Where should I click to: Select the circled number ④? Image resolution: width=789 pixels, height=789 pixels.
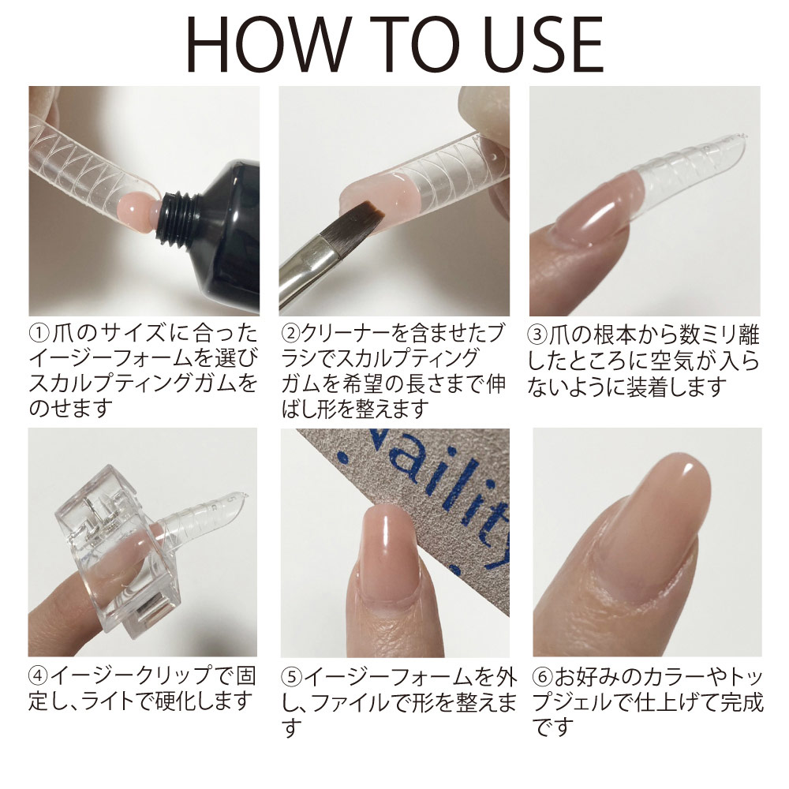(x=38, y=676)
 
